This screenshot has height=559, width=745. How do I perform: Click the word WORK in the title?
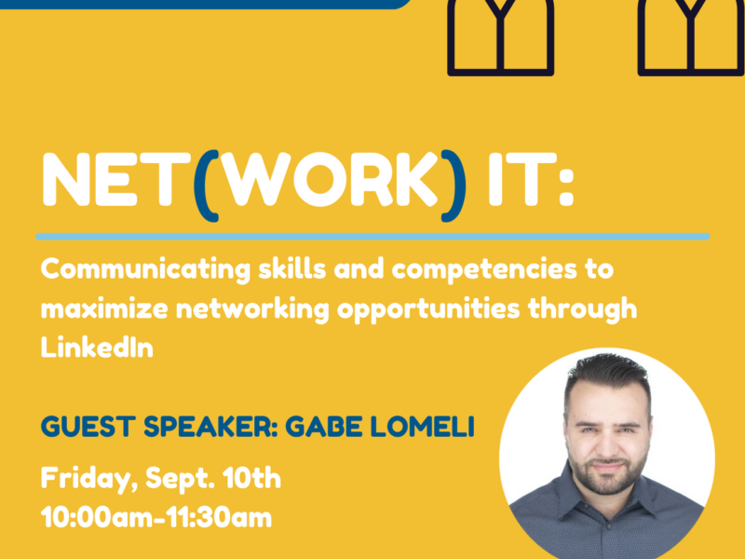click(331, 180)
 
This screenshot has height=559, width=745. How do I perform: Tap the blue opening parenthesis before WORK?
click(206, 185)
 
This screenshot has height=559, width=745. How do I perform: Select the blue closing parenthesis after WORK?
click(454, 185)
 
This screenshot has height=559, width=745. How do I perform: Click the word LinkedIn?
click(97, 348)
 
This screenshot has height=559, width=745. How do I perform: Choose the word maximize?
click(104, 309)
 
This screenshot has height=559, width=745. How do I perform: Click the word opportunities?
click(428, 310)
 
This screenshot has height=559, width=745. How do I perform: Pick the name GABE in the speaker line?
click(323, 427)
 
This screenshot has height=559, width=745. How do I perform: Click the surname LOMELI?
click(423, 427)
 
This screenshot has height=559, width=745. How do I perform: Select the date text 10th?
click(251, 478)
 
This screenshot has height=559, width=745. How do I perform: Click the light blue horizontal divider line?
click(372, 237)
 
